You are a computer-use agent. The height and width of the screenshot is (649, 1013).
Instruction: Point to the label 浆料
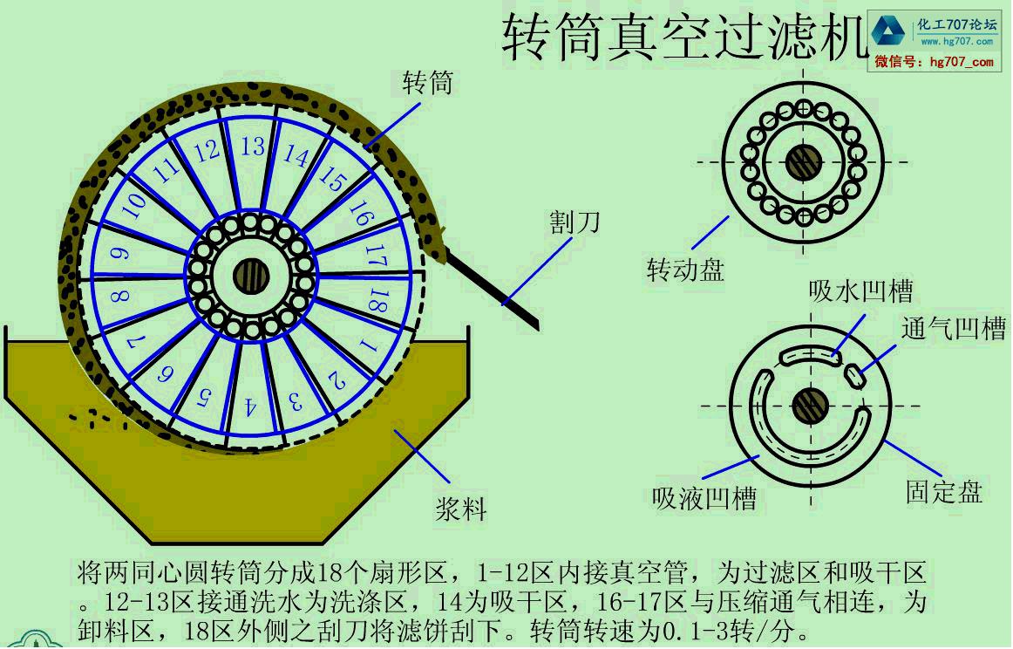click(460, 509)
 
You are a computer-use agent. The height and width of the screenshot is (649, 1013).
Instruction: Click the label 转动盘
click(685, 270)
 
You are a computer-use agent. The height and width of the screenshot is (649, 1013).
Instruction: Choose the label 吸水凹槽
click(861, 290)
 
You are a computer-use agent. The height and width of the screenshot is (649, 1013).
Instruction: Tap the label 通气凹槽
click(954, 329)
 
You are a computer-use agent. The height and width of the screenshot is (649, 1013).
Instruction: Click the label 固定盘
click(944, 491)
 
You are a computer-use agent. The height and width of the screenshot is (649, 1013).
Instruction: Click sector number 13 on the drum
click(253, 147)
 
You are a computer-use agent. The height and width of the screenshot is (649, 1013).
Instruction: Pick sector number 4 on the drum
click(250, 406)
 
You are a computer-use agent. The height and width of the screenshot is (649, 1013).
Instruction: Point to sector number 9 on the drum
click(121, 254)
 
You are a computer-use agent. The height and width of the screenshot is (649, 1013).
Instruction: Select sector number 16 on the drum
click(359, 213)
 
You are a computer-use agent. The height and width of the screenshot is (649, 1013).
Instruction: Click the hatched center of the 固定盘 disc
click(810, 405)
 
